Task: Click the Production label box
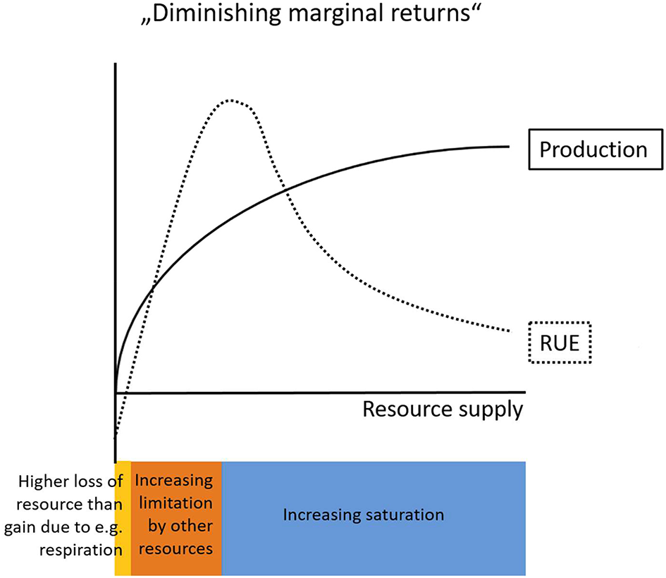pos(593,149)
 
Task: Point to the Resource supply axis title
pos(443,409)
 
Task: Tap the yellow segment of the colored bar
pos(123,518)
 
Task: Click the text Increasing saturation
pos(363,515)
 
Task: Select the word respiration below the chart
pos(80,549)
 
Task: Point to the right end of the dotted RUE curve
pos(508,330)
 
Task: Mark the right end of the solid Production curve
pos(508,146)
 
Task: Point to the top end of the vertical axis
pos(114,65)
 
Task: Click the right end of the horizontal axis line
pos(524,391)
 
